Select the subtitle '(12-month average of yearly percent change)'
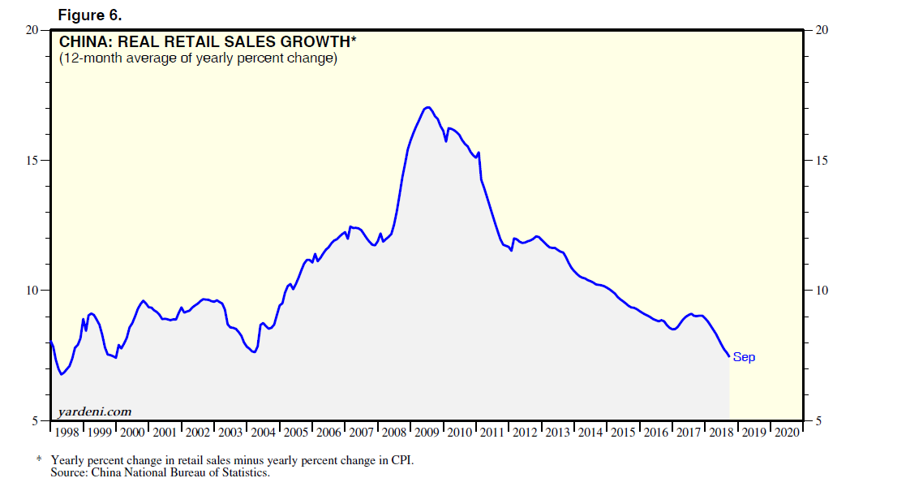(x=198, y=58)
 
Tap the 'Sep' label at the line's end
(x=744, y=357)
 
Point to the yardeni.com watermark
(x=93, y=411)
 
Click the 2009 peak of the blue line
(x=427, y=107)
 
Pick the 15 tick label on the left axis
(x=32, y=160)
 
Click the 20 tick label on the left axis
(x=32, y=30)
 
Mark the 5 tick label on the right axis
(x=819, y=420)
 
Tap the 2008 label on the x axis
(x=394, y=433)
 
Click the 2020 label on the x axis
(x=786, y=433)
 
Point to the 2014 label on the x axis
(x=590, y=433)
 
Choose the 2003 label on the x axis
(x=231, y=433)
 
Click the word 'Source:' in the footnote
(x=70, y=472)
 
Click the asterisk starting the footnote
(x=38, y=460)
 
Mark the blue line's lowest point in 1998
(x=62, y=374)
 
